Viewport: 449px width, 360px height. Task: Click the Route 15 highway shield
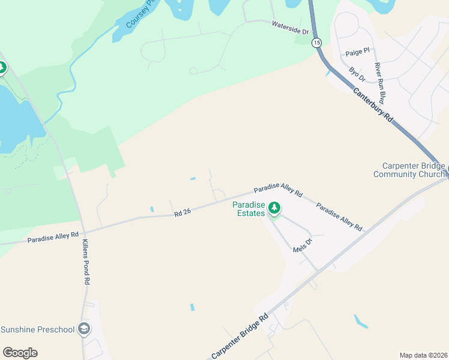pos(316,42)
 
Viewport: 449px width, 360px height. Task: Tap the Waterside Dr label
pos(290,28)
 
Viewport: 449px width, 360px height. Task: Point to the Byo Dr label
pos(357,75)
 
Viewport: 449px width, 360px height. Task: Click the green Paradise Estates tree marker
pos(274,208)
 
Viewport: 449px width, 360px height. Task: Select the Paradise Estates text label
pos(249,209)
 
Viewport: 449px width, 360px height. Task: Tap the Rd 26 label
pos(182,212)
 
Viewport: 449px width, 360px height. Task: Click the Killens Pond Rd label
pos(86,262)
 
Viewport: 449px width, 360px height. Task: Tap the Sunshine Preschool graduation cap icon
pos(85,329)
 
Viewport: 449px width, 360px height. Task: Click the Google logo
pos(20,353)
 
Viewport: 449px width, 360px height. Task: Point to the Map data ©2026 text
pos(423,355)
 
